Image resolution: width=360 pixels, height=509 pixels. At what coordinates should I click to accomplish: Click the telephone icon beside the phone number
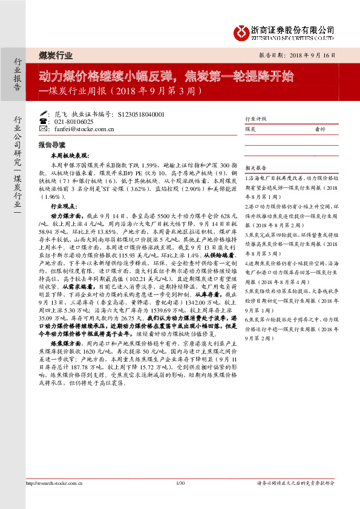point(42,121)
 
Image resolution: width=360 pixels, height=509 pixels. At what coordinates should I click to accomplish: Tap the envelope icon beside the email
point(42,129)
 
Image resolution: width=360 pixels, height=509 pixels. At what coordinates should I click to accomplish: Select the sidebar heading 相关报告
point(254,167)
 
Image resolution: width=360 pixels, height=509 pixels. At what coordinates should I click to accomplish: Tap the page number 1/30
point(179,499)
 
